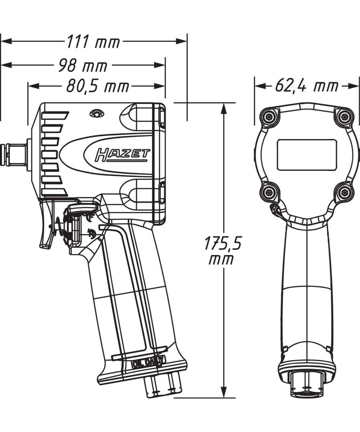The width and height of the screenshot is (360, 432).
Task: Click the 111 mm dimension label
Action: (93, 42)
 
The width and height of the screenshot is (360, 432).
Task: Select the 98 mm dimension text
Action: (82, 66)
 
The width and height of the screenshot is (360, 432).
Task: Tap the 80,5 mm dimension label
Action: (97, 86)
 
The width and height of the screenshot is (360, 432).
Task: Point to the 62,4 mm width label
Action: (307, 86)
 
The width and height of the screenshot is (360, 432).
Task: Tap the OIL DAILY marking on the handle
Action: (148, 362)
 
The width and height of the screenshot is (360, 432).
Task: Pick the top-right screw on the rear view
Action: (345, 116)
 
